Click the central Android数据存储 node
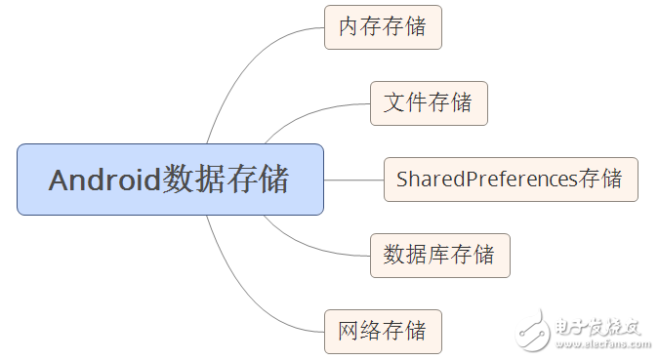coord(170,180)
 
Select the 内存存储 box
coord(383,27)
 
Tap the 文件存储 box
coord(429,103)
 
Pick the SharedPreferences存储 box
coord(510,180)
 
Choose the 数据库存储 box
coord(439,256)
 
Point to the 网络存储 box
coord(383,332)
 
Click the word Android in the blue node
coord(103,180)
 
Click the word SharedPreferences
coord(486,180)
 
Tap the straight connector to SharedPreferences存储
coord(353,180)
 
